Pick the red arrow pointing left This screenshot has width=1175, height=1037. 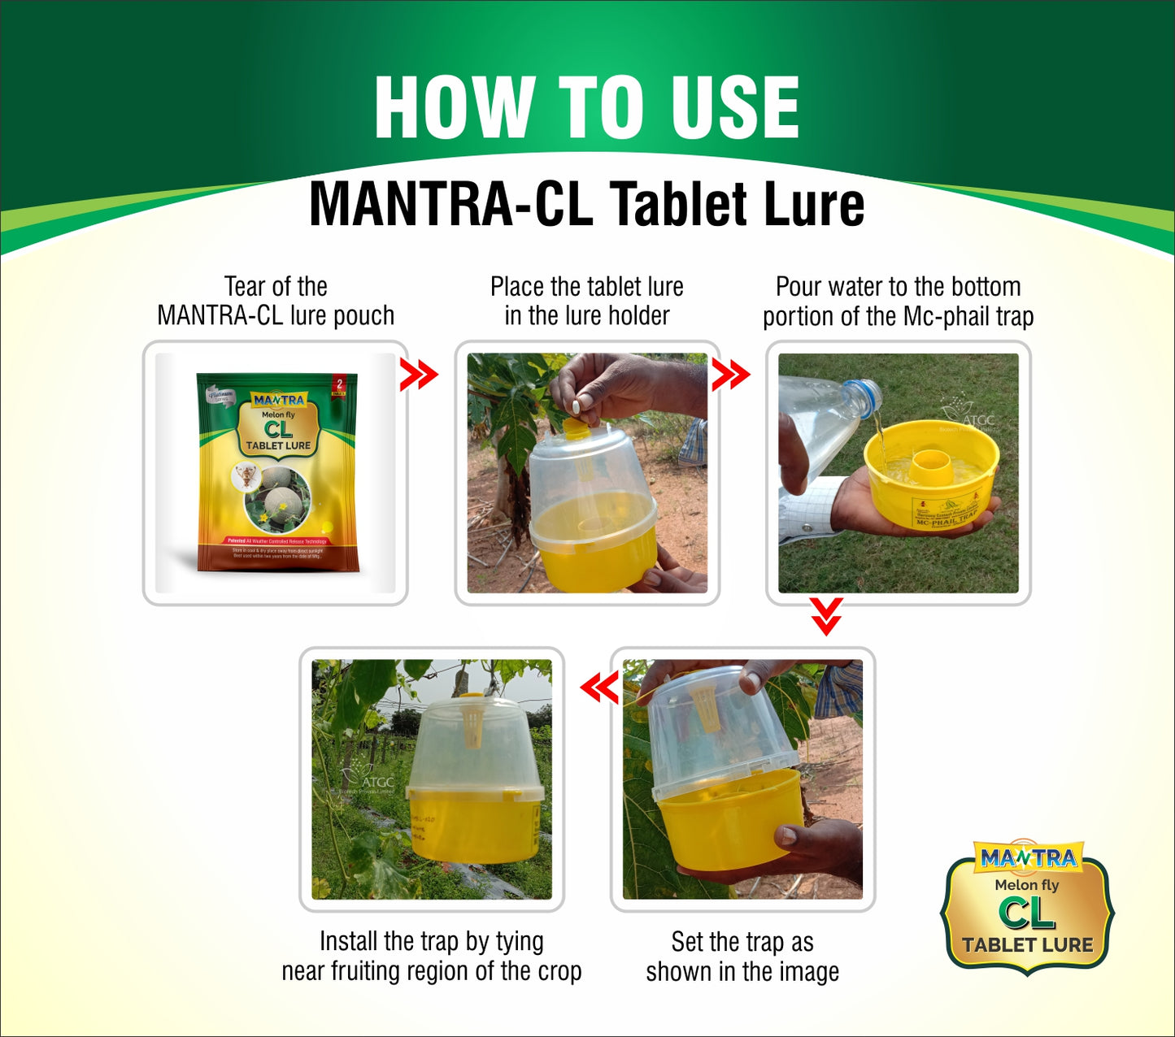(x=600, y=688)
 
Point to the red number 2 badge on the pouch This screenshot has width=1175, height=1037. (x=339, y=383)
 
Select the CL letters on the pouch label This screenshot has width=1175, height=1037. (x=278, y=429)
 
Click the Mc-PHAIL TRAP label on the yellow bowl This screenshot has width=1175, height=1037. (x=947, y=518)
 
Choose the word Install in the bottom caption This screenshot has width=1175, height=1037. (x=349, y=941)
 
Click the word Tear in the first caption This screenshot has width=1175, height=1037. (x=244, y=287)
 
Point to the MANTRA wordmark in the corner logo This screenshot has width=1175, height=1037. (x=1028, y=858)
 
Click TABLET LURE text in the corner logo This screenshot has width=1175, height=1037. (x=1028, y=944)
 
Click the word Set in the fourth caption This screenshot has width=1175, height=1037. (x=687, y=942)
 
